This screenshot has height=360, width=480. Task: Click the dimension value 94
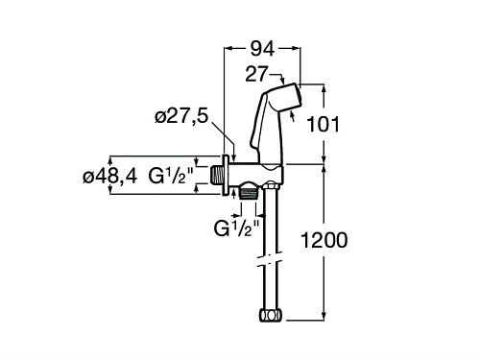coord(262,49)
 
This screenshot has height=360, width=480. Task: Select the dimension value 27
coord(256,74)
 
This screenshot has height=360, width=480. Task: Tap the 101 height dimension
coord(323,124)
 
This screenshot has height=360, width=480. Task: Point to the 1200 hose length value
coord(324,240)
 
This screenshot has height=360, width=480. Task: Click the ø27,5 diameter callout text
coord(181,116)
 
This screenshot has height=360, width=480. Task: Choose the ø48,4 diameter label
coord(109,176)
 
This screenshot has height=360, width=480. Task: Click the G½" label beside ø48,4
coord(171,176)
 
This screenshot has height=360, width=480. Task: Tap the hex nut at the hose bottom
coord(271,315)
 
